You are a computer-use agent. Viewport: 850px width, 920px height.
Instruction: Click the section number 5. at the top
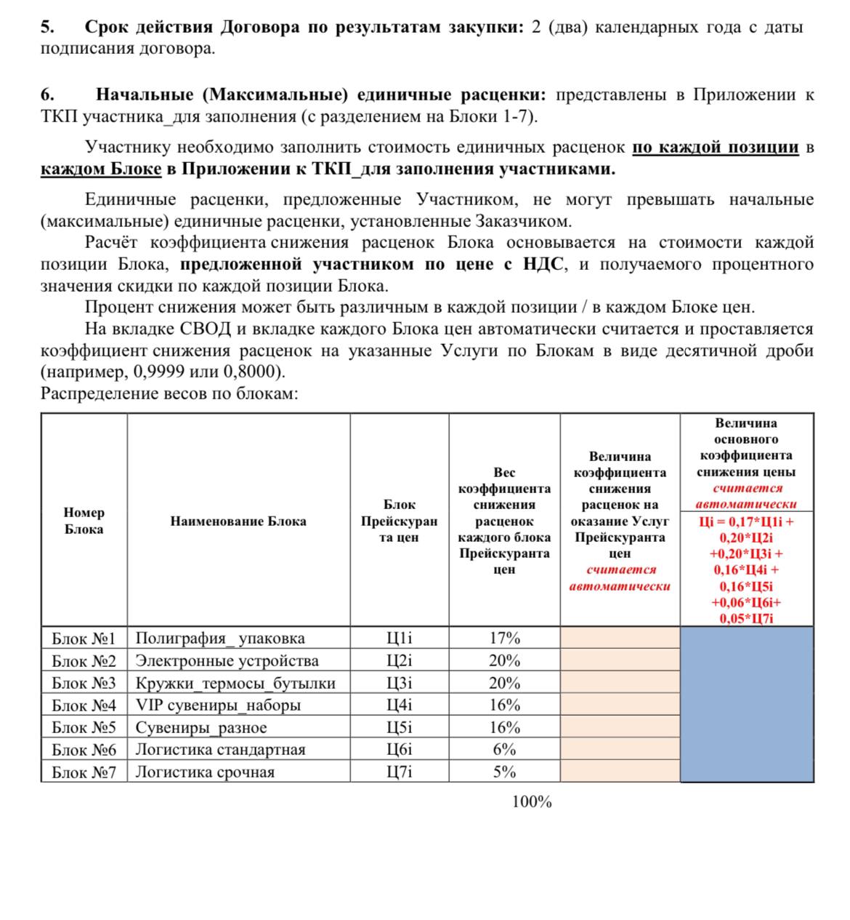[x=47, y=28]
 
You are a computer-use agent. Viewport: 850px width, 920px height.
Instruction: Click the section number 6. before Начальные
[x=47, y=95]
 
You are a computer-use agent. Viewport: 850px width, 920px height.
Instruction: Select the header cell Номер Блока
[x=84, y=521]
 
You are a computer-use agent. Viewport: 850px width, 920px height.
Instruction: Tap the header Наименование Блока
[x=238, y=521]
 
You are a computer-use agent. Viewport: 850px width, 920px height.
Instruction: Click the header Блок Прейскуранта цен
[x=399, y=521]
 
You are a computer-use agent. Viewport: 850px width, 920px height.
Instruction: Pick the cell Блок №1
[x=84, y=639]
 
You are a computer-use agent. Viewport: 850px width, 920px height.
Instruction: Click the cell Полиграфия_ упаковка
[x=220, y=639]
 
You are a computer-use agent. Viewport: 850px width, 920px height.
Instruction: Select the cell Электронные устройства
[x=227, y=661]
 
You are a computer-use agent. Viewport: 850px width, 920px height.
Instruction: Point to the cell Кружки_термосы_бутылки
[x=236, y=684]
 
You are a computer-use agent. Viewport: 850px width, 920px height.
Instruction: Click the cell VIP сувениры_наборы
[x=218, y=705]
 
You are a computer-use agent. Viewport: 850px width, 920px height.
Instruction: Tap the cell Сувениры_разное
[x=201, y=728]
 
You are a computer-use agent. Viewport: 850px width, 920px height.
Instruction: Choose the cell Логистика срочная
[x=205, y=772]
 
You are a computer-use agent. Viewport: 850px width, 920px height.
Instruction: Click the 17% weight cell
[x=504, y=639]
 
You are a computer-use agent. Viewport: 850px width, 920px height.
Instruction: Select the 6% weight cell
[x=504, y=750]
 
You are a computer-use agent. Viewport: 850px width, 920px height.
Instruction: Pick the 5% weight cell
[x=504, y=772]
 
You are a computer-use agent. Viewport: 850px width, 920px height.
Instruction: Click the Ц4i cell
[x=399, y=705]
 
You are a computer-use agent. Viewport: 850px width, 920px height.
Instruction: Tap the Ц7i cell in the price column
[x=399, y=772]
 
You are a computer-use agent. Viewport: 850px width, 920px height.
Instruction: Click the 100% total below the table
[x=532, y=802]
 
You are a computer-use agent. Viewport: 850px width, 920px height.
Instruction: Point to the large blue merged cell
[x=746, y=704]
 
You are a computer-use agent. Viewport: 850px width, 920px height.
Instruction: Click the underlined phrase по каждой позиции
[x=716, y=148]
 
